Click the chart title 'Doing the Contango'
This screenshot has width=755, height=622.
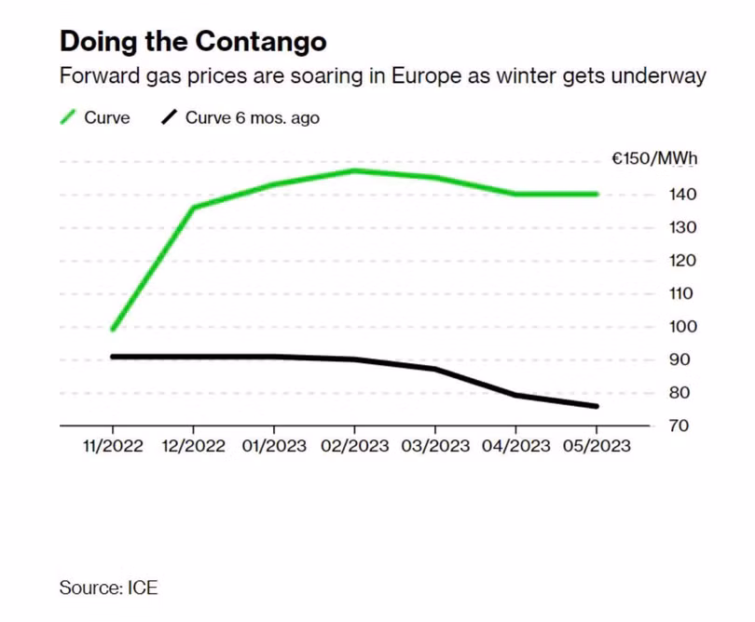click(193, 42)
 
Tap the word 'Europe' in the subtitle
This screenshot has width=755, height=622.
click(426, 76)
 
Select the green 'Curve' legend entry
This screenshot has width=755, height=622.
click(95, 117)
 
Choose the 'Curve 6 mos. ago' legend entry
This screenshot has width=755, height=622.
click(240, 117)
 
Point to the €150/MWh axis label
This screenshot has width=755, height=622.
click(654, 158)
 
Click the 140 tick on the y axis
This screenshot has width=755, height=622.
click(682, 195)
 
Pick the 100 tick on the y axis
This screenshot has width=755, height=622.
click(682, 327)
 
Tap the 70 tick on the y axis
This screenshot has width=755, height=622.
click(679, 426)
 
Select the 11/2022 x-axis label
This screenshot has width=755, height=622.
click(113, 446)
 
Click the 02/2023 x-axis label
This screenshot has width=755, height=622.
click(355, 446)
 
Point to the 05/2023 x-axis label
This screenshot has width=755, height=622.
click(597, 446)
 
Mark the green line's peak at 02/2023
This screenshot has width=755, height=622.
click(355, 170)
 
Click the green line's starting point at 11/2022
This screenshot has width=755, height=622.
click(113, 330)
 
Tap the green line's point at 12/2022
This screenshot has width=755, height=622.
click(194, 208)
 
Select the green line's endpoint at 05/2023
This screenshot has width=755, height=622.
click(597, 195)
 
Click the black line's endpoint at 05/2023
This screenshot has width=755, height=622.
click(597, 407)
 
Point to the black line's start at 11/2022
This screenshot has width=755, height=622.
click(113, 357)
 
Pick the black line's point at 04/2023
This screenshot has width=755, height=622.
click(515, 395)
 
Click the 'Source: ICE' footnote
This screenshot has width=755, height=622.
click(108, 588)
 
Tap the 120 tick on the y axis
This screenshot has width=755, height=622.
click(682, 261)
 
